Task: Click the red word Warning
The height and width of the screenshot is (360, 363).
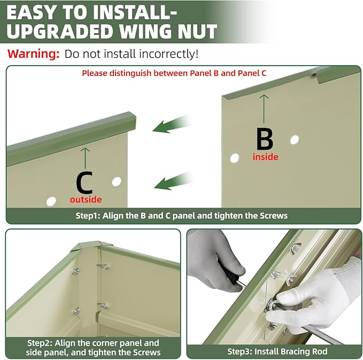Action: click(x=33, y=53)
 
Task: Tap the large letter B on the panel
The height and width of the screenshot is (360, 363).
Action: click(x=265, y=139)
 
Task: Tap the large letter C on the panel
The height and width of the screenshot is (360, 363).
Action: click(x=84, y=182)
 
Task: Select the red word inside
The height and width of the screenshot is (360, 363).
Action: click(x=265, y=157)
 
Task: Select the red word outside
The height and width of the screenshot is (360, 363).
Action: click(x=86, y=200)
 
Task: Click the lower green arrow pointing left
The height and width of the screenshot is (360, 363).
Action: click(x=174, y=181)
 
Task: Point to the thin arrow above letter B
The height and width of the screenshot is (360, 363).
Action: click(x=264, y=109)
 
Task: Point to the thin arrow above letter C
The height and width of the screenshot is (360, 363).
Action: click(x=85, y=158)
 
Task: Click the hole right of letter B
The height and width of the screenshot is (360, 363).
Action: click(x=295, y=140)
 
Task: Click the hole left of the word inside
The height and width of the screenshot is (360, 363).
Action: click(x=235, y=158)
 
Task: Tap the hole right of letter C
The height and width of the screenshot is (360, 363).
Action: click(x=117, y=181)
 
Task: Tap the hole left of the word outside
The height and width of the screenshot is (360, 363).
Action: click(x=51, y=201)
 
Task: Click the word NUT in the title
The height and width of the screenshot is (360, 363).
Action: click(x=197, y=31)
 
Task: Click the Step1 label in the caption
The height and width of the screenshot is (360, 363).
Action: click(x=88, y=216)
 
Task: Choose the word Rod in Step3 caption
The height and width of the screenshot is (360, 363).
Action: click(x=320, y=351)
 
